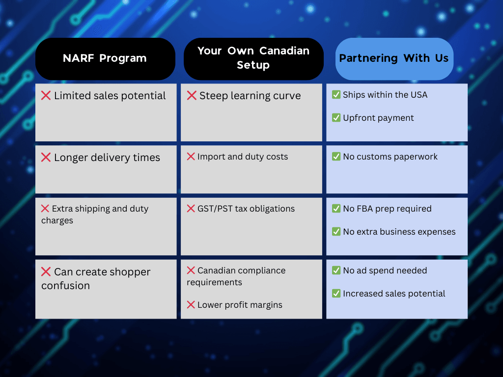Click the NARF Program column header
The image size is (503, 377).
pyautogui.click(x=105, y=58)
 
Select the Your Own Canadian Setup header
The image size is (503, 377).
pyautogui.click(x=253, y=58)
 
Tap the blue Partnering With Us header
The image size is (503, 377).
pyautogui.click(x=393, y=58)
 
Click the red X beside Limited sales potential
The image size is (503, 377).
pyautogui.click(x=46, y=96)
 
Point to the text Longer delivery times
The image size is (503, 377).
pyautogui.click(x=107, y=158)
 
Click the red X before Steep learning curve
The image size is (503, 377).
pyautogui.click(x=192, y=96)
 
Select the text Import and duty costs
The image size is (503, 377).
pyautogui.click(x=243, y=157)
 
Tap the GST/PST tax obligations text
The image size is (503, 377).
pyautogui.click(x=246, y=209)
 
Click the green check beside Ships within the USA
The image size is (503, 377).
pyautogui.click(x=336, y=95)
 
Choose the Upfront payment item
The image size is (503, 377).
pyautogui.click(x=378, y=118)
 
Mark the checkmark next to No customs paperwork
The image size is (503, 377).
pyautogui.click(x=336, y=157)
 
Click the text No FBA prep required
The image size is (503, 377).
pyautogui.click(x=387, y=209)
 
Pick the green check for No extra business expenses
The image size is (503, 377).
pyautogui.click(x=336, y=232)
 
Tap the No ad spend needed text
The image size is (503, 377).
pyautogui.click(x=385, y=270)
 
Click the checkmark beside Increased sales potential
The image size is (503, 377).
pyautogui.click(x=336, y=294)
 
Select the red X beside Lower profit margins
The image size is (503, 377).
pyautogui.click(x=191, y=305)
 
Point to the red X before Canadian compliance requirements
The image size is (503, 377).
pyautogui.click(x=191, y=270)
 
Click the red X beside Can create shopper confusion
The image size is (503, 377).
pyautogui.click(x=46, y=272)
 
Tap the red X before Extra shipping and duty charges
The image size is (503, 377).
pyautogui.click(x=45, y=209)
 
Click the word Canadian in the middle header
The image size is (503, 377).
pyautogui.click(x=284, y=51)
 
